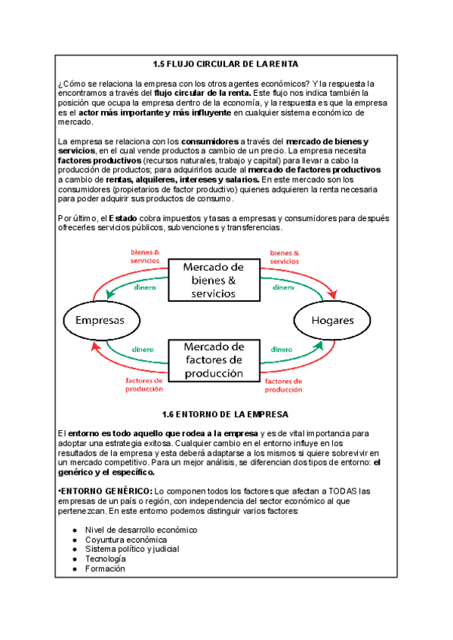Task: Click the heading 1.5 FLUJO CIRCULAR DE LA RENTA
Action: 226,65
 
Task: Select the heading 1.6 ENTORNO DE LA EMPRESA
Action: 226,414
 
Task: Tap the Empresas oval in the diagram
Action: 99,320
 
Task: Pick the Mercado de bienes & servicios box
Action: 214,281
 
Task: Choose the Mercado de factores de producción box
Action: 214,360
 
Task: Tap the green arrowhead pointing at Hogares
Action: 320,346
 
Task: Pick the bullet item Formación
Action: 106,568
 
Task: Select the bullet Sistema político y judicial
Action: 131,549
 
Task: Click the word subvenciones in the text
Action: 200,228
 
